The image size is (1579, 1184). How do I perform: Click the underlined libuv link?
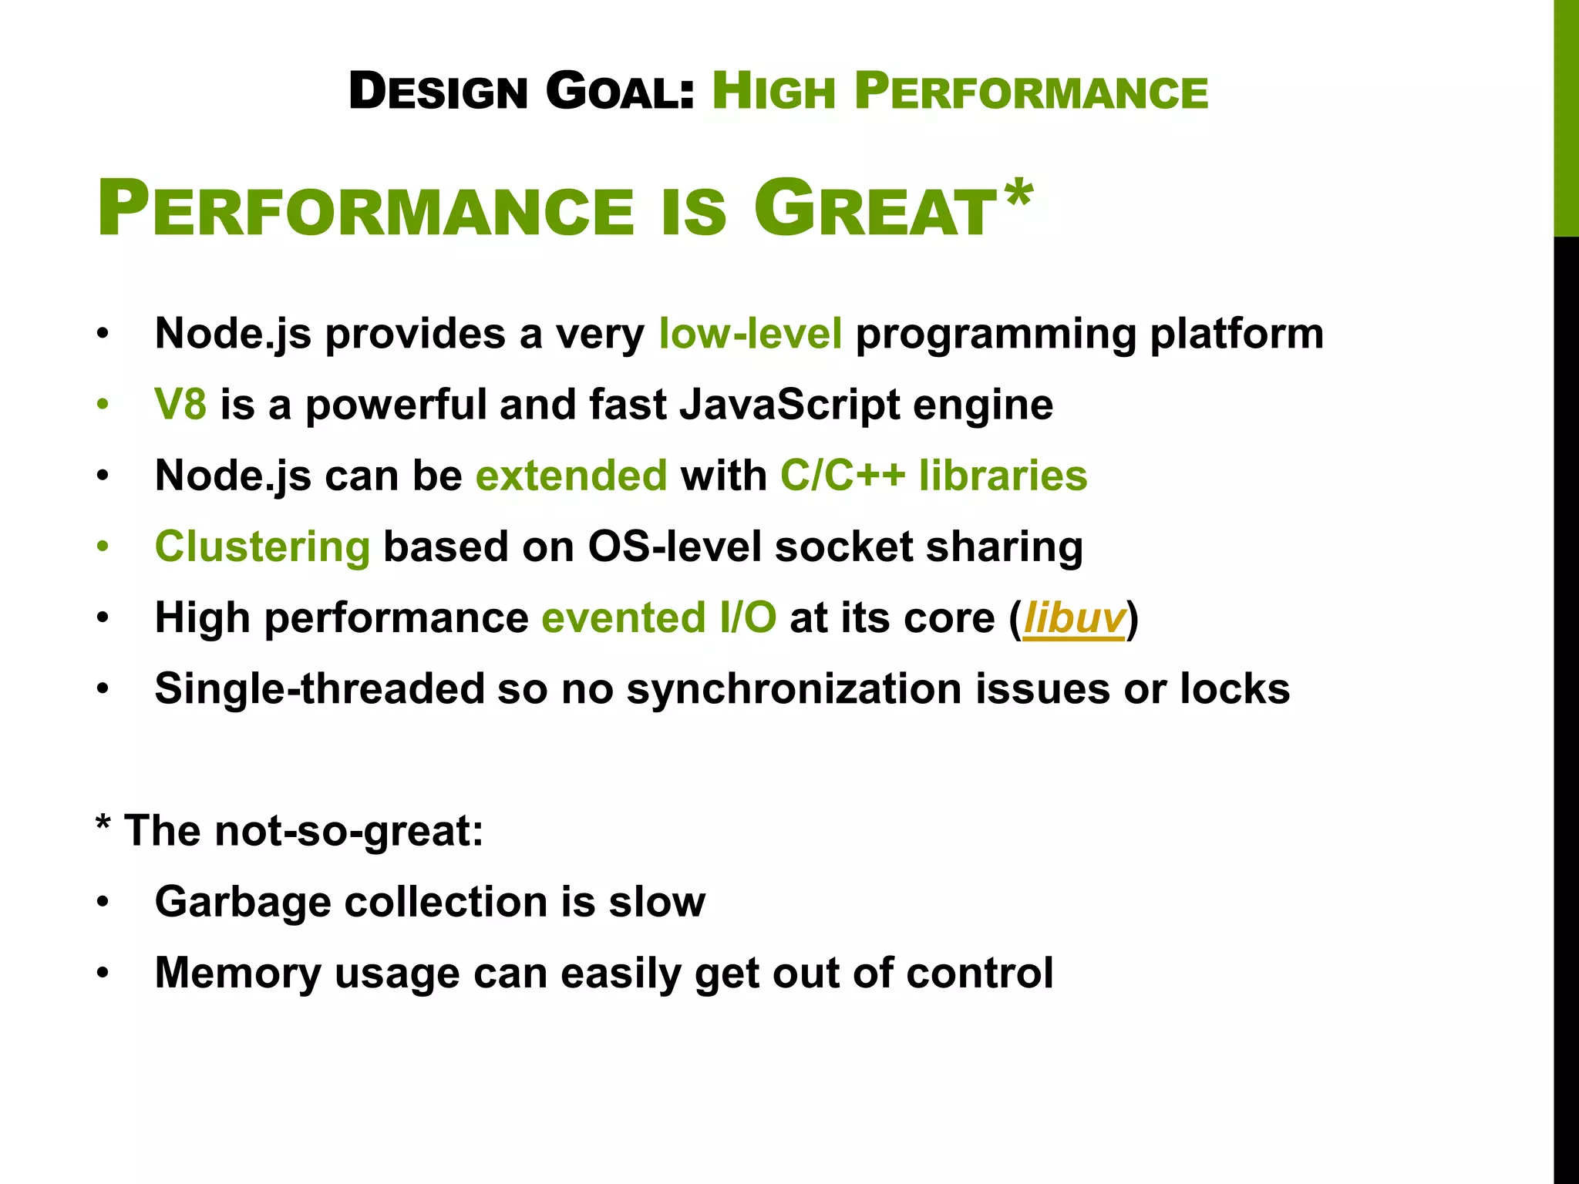coord(1073,618)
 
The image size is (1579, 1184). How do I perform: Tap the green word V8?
coord(180,405)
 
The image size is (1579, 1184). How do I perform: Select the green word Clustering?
coord(262,547)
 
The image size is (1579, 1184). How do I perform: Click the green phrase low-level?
coord(750,334)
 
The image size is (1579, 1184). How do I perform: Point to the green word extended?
coord(571,476)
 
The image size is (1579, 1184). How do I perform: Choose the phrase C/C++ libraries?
coord(934,476)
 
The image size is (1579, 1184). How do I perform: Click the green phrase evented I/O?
coord(658,618)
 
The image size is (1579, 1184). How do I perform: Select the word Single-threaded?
coord(318,689)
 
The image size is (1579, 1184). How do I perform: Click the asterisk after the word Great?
coord(1018,195)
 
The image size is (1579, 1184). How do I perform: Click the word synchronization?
coord(793,689)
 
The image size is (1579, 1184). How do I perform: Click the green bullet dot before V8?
coord(103,405)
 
